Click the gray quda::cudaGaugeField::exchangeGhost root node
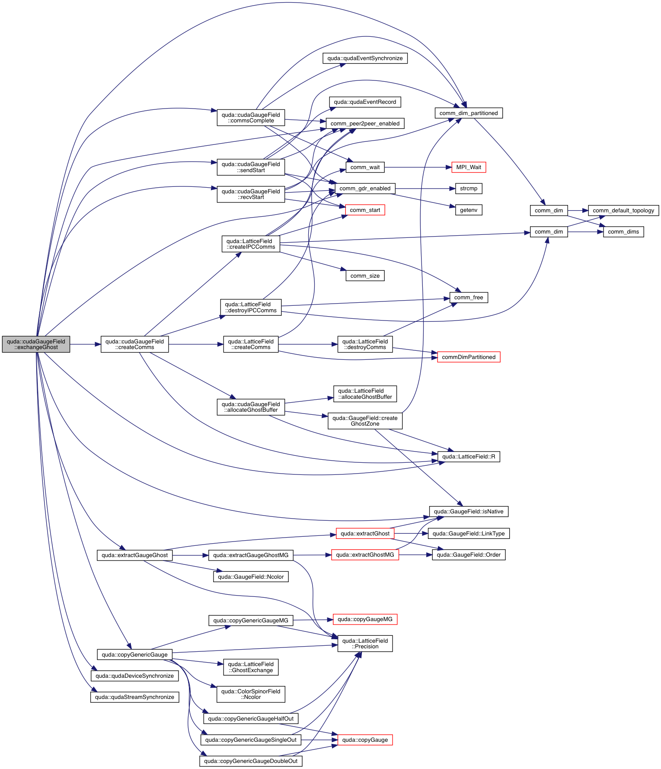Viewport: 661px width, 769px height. click(36, 344)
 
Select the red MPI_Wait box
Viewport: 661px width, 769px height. click(469, 167)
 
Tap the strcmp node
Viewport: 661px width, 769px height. click(469, 189)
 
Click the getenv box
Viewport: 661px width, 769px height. click(469, 210)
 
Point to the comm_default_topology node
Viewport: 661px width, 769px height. click(623, 211)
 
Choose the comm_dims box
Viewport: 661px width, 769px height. click(623, 232)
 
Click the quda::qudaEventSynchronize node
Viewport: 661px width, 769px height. click(365, 58)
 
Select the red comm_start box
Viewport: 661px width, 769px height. click(365, 210)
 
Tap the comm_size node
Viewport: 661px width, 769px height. click(365, 276)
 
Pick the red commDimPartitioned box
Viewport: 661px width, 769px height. click(469, 357)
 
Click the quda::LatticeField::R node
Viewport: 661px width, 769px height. click(469, 457)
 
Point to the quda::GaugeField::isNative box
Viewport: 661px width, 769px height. click(469, 512)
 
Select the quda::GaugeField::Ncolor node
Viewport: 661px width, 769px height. click(251, 577)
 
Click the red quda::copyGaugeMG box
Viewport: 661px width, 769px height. click(365, 619)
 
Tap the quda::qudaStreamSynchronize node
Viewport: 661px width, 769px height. click(134, 697)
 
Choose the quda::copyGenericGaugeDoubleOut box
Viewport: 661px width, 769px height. click(251, 761)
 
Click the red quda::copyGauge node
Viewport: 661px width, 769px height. click(365, 740)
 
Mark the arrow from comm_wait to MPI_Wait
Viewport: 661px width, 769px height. click(418, 167)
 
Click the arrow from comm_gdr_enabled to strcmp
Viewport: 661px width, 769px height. click(425, 189)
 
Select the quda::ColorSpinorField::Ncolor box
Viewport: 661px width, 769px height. click(251, 694)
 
